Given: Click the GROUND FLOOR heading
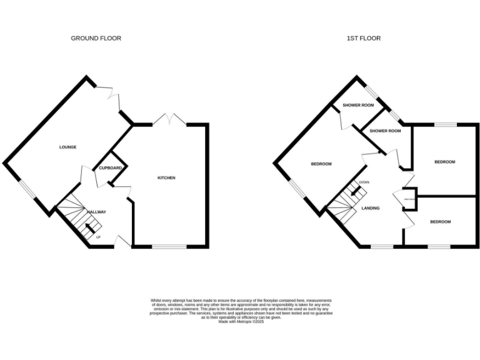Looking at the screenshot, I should tap(96, 38).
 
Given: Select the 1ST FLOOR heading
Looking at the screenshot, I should tap(364, 38).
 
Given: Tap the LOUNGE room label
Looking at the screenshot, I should tap(67, 147).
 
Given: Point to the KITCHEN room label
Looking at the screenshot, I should tap(166, 178).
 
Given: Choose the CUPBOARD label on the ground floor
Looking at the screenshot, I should tap(109, 168).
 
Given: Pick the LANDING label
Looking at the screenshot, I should tap(371, 207).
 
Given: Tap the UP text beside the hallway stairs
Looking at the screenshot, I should tap(98, 237).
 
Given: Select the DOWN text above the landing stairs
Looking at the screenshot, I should tap(364, 183).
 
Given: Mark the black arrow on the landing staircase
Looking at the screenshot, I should tap(355, 192).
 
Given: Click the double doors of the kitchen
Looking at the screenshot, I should tap(170, 119).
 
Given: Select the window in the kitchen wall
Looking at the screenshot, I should tap(169, 247).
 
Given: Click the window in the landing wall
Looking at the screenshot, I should tap(382, 247).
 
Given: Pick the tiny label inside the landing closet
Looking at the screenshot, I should tap(409, 199).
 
